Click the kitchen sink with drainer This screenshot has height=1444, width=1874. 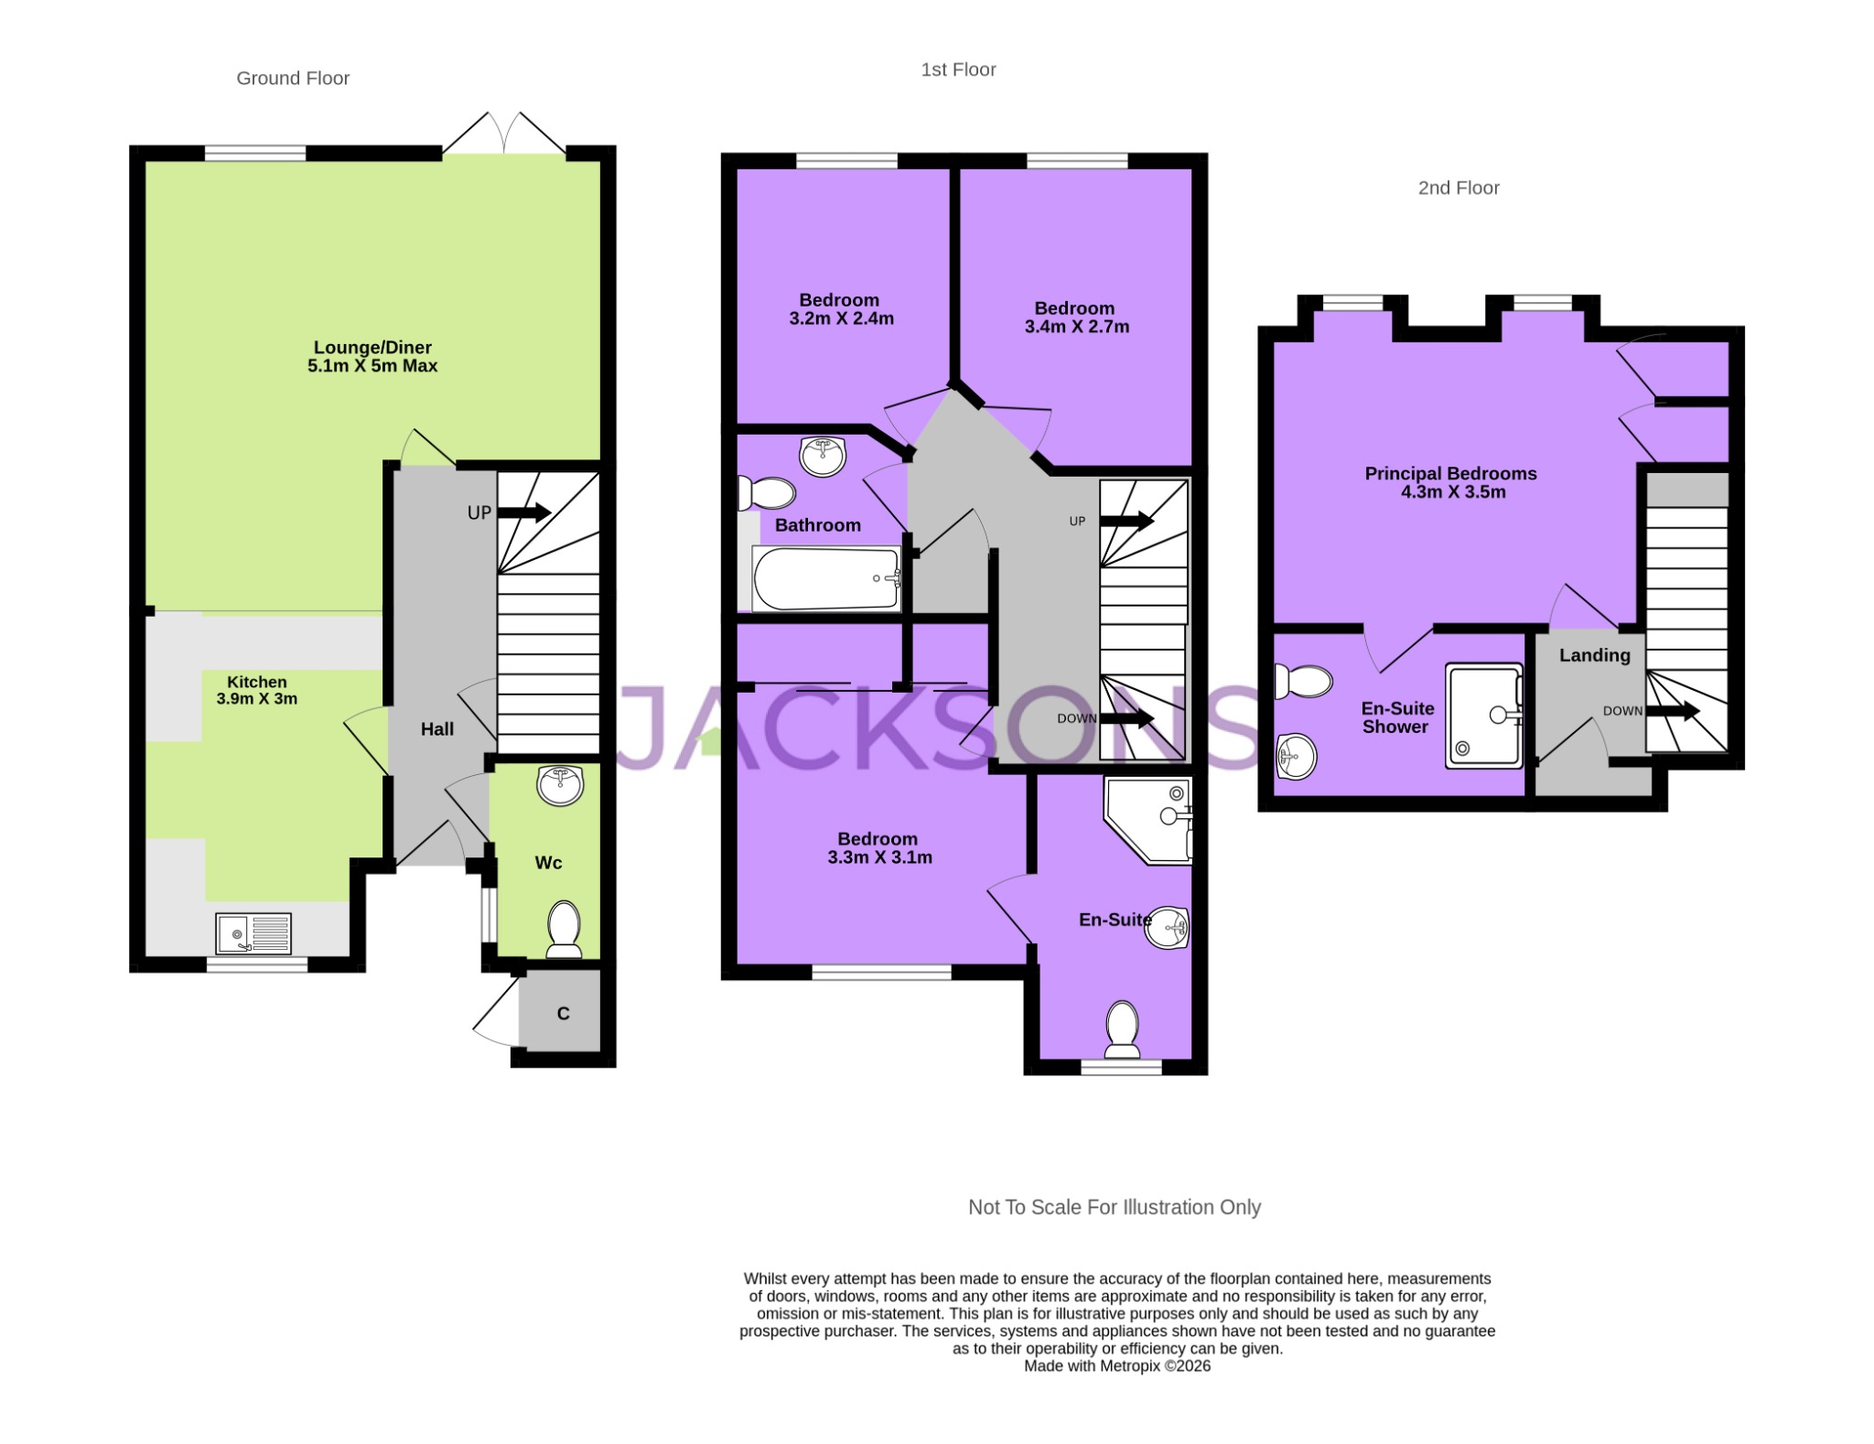253,933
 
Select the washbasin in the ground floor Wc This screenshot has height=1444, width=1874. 560,785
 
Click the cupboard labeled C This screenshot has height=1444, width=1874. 564,1013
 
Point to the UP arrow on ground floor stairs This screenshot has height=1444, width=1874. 523,512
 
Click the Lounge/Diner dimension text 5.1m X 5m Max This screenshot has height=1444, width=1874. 372,366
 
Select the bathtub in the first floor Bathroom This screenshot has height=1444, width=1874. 826,578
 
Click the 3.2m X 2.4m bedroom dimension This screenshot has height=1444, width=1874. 841,318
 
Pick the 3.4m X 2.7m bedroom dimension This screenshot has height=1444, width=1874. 1076,327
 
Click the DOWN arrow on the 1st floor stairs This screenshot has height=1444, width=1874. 1132,718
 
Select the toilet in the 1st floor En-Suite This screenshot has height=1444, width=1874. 1122,1029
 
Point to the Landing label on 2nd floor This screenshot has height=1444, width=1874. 1594,655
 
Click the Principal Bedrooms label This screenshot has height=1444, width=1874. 1450,473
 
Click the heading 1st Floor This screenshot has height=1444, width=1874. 958,70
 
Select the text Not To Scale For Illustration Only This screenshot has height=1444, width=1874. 1114,1207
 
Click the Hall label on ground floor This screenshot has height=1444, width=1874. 437,729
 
